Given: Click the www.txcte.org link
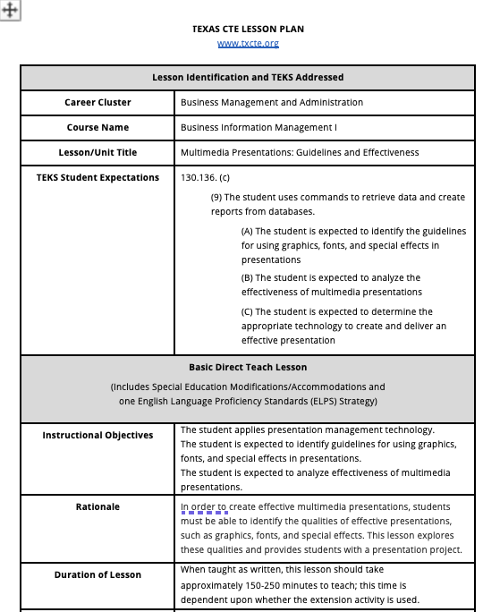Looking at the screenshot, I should click(248, 43).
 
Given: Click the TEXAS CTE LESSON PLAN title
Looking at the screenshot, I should click(248, 29).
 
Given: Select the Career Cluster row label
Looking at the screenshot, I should click(97, 103).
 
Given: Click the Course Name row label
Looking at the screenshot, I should click(97, 128).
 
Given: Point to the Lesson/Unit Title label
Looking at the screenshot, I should click(97, 153).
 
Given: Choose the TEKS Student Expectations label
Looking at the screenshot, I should click(97, 178).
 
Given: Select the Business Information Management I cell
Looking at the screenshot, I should click(258, 128).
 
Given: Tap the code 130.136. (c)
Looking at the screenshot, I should click(205, 178).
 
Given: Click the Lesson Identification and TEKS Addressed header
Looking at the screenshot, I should click(248, 78).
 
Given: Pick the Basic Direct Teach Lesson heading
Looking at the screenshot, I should click(248, 368).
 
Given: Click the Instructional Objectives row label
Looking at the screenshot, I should click(97, 436).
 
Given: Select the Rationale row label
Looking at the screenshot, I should click(97, 507).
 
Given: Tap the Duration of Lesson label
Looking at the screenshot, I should click(97, 574).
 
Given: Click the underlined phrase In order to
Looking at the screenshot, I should click(204, 507).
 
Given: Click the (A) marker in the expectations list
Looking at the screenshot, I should click(248, 231).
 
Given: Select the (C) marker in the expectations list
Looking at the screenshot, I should click(248, 312).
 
